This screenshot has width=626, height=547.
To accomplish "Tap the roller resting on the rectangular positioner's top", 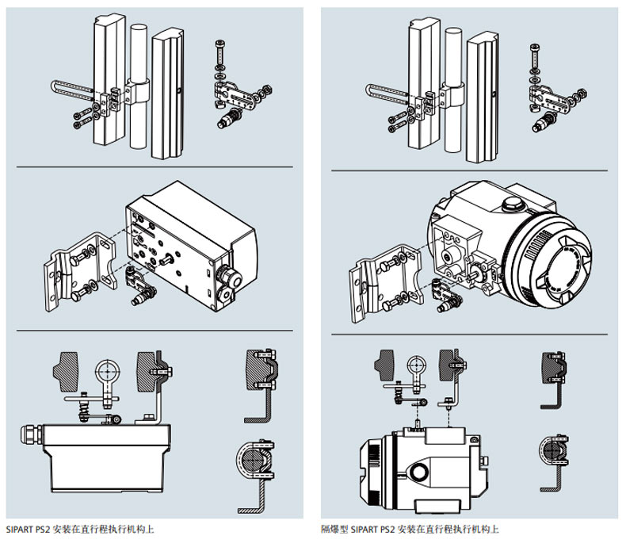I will [x=117, y=419].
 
